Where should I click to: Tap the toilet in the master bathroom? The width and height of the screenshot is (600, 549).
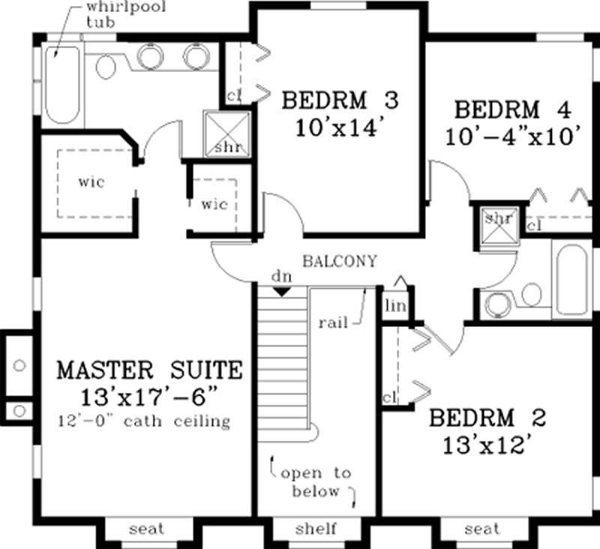tap(106, 67)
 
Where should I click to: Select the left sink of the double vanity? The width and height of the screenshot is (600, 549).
tap(149, 56)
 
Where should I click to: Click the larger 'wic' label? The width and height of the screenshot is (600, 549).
tap(89, 181)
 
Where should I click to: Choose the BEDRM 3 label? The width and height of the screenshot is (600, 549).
tap(339, 100)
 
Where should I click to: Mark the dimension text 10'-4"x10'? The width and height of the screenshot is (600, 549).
tap(513, 136)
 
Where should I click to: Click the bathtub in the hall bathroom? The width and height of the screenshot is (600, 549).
tap(574, 278)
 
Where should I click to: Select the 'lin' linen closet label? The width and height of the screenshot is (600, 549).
tap(394, 305)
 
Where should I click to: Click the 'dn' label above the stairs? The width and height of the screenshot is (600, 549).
tap(281, 277)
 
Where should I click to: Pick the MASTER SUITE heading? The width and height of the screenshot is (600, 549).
tap(150, 370)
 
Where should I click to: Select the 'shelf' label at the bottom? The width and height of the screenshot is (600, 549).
tap(314, 529)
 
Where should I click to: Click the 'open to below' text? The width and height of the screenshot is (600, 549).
tap(315, 481)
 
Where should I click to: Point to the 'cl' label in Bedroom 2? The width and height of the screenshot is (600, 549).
tap(388, 397)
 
